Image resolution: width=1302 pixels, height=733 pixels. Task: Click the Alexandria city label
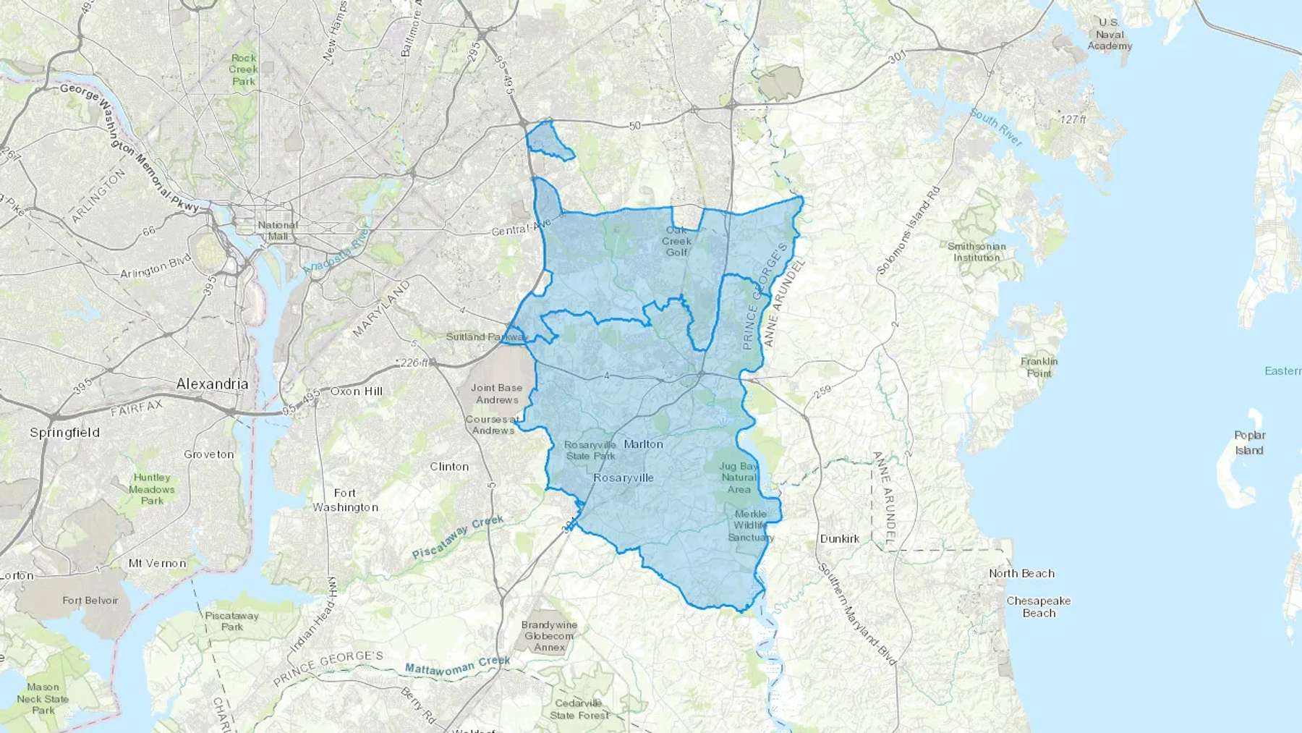[x=212, y=384]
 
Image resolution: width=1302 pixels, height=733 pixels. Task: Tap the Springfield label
[x=64, y=433]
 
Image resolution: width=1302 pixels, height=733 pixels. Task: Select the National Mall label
[x=278, y=231]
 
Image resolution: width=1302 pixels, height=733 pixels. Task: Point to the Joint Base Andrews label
[x=496, y=394]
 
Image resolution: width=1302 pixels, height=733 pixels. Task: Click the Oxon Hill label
[x=356, y=391]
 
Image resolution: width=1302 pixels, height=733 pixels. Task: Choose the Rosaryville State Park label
[x=590, y=450]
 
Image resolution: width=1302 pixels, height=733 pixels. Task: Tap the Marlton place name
[x=643, y=444]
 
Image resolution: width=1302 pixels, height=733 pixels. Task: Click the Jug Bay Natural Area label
[x=739, y=478]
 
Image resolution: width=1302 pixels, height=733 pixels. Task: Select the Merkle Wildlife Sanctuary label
[x=750, y=525]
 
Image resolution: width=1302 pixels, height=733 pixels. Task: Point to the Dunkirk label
[x=839, y=539]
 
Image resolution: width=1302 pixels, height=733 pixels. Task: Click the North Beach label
[x=1021, y=574]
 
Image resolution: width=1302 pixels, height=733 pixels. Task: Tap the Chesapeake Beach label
[x=1038, y=607]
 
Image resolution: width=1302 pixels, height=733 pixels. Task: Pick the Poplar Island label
[x=1249, y=443]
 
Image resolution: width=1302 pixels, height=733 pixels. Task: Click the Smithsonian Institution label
[x=977, y=252]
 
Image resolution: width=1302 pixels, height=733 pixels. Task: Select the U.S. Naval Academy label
[x=1110, y=34]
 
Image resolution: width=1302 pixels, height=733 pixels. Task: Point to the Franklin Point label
[x=1039, y=368]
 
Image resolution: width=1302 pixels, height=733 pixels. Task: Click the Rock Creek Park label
[x=244, y=69]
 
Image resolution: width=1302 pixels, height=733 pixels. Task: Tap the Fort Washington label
[x=345, y=500]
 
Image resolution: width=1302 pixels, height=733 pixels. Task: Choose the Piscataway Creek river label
[x=457, y=538]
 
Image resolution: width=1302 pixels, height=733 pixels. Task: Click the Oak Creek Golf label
[x=676, y=241]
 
